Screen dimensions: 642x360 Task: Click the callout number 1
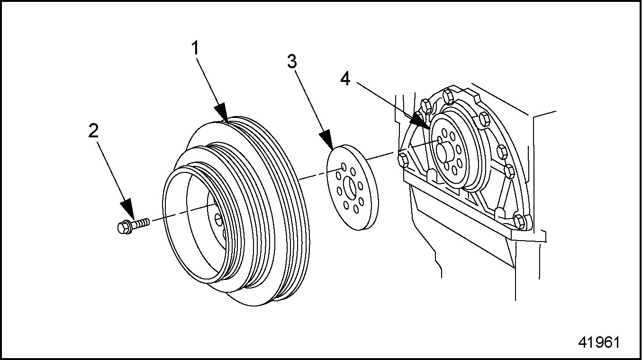[x=195, y=48]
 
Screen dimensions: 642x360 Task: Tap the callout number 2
[x=93, y=131]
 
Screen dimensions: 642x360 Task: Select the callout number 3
[x=292, y=62]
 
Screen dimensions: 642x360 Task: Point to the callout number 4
[x=345, y=79]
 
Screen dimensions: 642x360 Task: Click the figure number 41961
[x=599, y=342]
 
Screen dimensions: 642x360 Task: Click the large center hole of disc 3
[x=350, y=189]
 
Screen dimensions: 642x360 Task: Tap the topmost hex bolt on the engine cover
[x=449, y=98]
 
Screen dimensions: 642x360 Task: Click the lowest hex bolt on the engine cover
[x=519, y=221]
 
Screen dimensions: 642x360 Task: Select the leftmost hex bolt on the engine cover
[x=403, y=160]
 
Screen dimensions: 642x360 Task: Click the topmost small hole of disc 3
[x=344, y=167]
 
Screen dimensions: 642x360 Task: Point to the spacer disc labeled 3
[x=352, y=188]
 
